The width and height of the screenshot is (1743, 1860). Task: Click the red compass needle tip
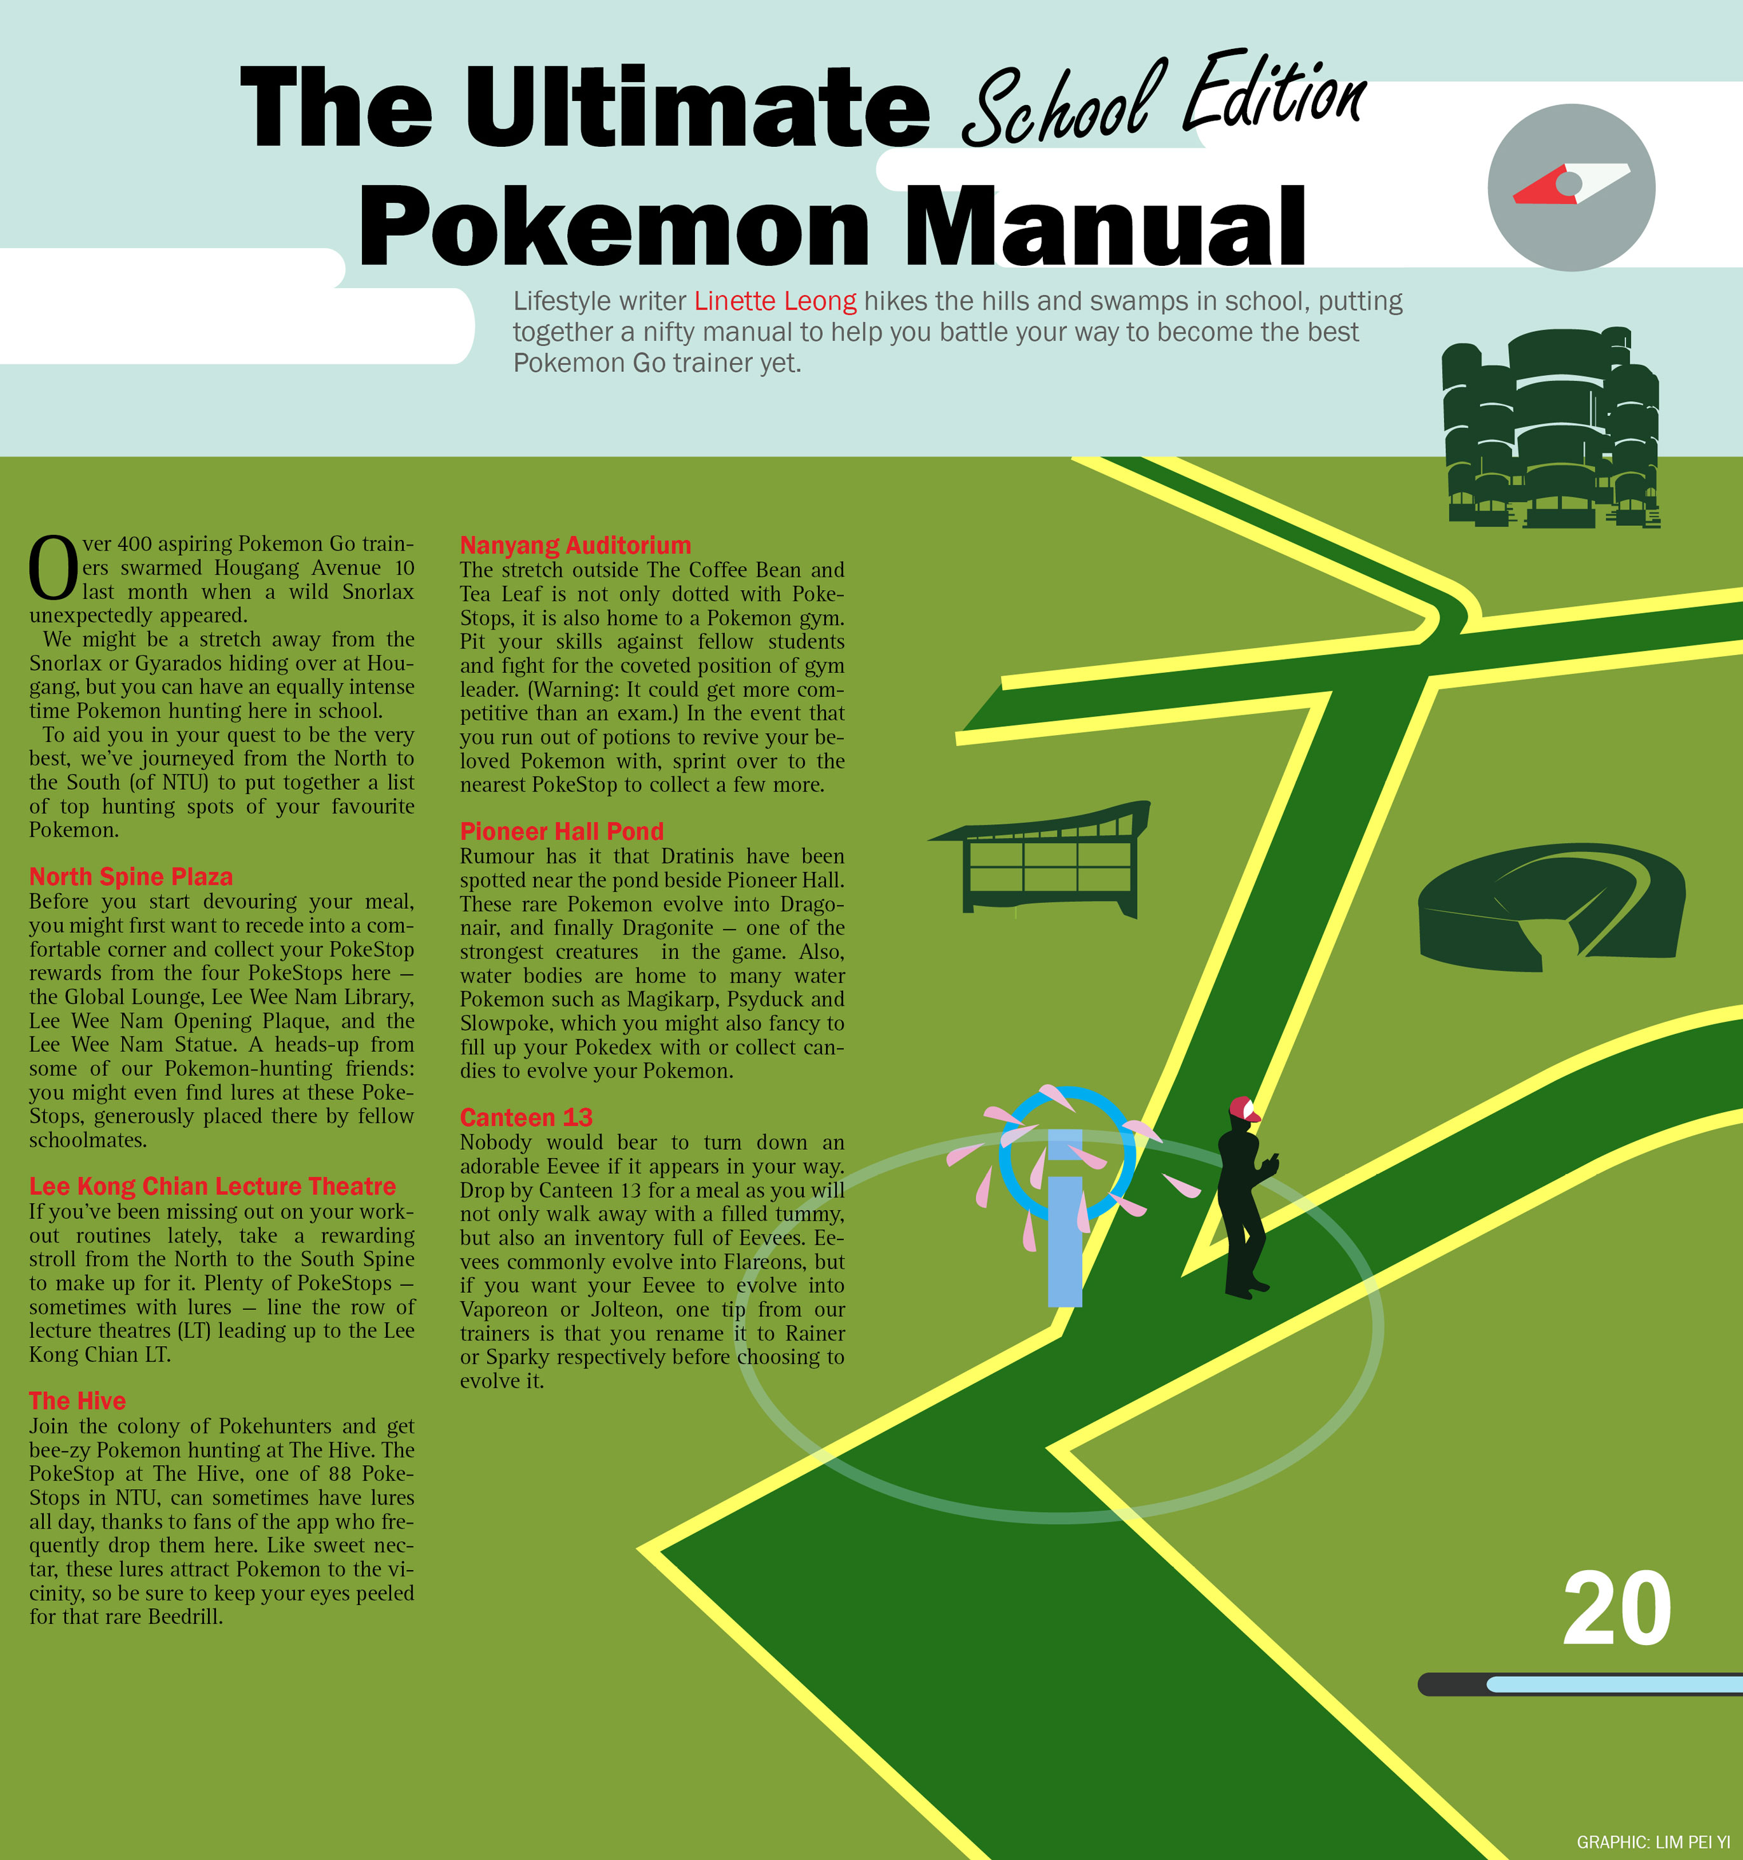click(x=1515, y=197)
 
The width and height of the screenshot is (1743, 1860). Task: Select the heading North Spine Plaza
click(x=131, y=877)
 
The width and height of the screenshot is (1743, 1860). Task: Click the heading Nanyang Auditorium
click(x=575, y=546)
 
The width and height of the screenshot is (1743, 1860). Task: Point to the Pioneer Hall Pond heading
click(x=561, y=831)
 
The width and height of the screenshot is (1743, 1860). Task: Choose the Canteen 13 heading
click(x=526, y=1117)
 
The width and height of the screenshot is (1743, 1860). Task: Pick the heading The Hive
click(x=77, y=1401)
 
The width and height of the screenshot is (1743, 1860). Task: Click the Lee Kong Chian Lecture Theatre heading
click(x=212, y=1187)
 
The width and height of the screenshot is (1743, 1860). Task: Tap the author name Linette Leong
click(x=775, y=301)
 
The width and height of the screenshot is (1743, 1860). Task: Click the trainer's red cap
click(x=1244, y=1109)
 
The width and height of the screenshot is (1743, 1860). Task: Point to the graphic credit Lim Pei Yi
click(x=1653, y=1842)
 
